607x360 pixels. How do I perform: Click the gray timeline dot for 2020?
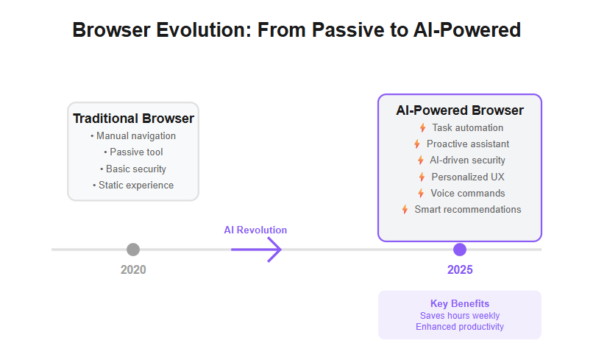[x=133, y=250]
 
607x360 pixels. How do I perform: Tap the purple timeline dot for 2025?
[x=460, y=250]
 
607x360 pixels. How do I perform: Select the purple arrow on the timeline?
[x=256, y=250]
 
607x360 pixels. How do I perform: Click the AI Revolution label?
[x=255, y=230]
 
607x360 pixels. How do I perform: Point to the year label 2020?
[x=133, y=269]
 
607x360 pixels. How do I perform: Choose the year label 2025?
[x=460, y=269]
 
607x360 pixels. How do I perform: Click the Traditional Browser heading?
[x=134, y=119]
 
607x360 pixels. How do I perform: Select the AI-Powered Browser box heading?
[x=460, y=110]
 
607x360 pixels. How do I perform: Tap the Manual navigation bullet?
[x=133, y=136]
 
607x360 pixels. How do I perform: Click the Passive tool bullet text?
[x=136, y=152]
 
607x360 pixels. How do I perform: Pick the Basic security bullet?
[x=133, y=169]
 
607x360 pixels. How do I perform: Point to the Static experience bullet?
[x=133, y=186]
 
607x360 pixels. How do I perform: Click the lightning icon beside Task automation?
[x=423, y=128]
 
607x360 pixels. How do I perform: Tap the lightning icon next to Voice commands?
[x=421, y=194]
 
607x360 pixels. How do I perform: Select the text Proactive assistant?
[x=468, y=144]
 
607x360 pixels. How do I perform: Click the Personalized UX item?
[x=468, y=177]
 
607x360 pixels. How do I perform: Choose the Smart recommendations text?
[x=468, y=210]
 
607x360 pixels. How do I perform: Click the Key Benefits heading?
[x=460, y=303]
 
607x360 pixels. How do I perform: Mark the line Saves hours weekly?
[x=460, y=316]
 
